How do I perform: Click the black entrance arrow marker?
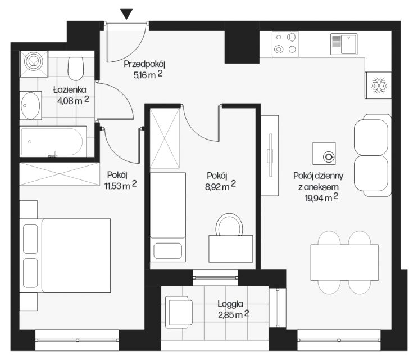tap(126, 14)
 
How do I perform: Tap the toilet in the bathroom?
tap(76, 68)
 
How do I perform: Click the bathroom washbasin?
tap(31, 105)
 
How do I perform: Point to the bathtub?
tap(53, 141)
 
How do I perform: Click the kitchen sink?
tap(344, 44)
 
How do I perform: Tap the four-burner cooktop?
tap(285, 44)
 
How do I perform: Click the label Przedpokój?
tap(144, 65)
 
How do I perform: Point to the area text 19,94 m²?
tap(321, 198)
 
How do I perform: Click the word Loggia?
tap(230, 304)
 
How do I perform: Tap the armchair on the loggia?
tap(178, 312)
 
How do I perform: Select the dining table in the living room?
tap(344, 262)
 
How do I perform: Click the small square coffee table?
tap(324, 154)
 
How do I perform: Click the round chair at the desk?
tap(229, 224)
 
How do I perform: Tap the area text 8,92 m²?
tap(220, 186)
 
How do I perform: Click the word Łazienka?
tap(70, 89)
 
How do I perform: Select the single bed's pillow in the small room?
tap(168, 250)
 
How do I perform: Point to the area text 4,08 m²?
tap(73, 101)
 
